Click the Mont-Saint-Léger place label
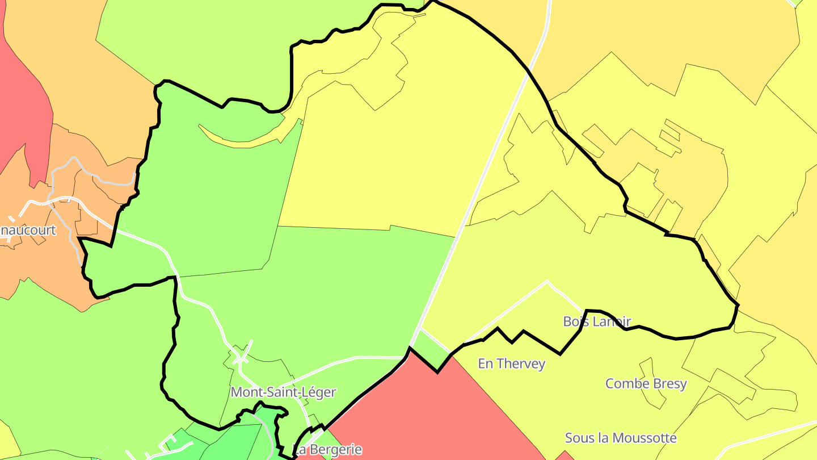[x=283, y=392]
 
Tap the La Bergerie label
[x=328, y=450]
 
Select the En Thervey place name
[x=511, y=363]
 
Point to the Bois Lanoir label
[x=597, y=321]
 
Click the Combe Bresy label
[x=646, y=383]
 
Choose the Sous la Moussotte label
[x=621, y=438]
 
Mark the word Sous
[x=577, y=438]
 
